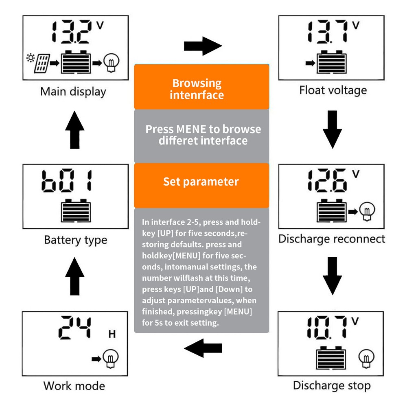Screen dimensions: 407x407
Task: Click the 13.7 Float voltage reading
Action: (328, 33)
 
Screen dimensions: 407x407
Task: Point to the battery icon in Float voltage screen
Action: (332, 62)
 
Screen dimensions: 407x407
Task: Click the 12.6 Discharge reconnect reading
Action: (328, 181)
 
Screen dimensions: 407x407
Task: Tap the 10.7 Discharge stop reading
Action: (328, 327)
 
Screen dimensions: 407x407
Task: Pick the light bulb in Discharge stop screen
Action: (365, 357)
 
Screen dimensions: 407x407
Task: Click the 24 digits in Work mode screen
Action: (75, 328)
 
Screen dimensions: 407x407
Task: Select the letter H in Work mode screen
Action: (112, 335)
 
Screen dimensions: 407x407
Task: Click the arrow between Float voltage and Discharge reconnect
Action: (332, 129)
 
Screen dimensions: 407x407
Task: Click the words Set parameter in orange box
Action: (201, 182)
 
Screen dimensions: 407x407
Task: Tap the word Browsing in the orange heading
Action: (197, 83)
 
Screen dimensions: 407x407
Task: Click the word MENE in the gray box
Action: (191, 129)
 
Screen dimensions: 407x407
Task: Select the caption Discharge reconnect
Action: (331, 239)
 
